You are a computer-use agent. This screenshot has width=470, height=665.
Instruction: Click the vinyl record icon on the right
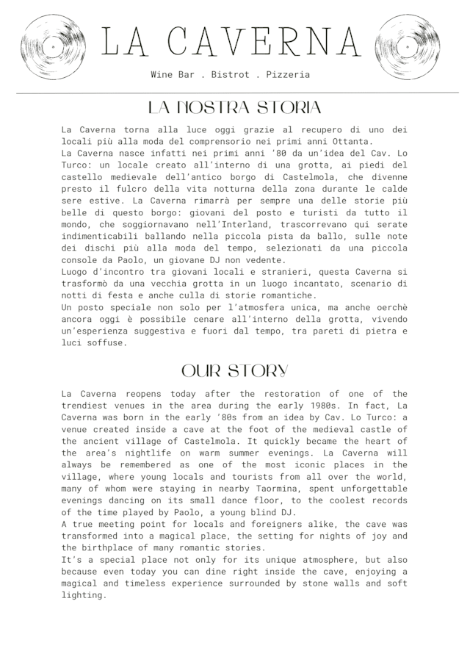click(x=407, y=47)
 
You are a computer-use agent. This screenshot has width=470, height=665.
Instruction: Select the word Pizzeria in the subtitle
click(x=288, y=75)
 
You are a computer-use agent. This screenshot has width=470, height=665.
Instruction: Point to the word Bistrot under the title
click(x=230, y=75)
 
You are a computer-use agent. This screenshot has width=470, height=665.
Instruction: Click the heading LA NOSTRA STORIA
click(x=234, y=108)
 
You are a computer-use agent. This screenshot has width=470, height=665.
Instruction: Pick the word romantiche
click(x=282, y=295)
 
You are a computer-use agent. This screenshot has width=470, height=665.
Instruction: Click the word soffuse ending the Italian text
click(x=107, y=342)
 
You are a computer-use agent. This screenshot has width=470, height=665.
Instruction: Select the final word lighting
click(x=84, y=594)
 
